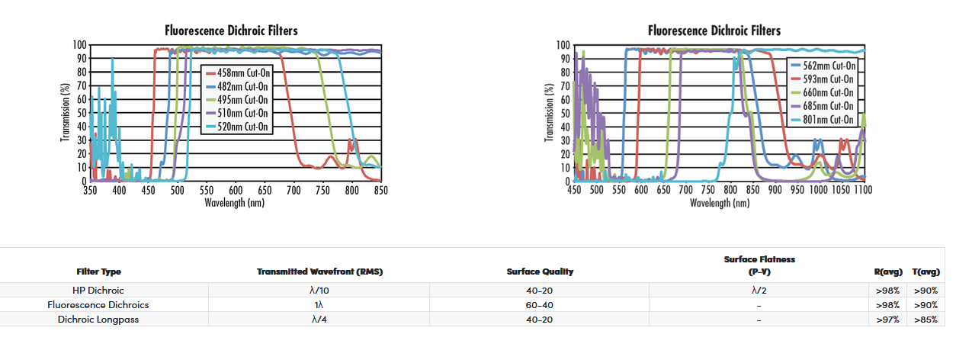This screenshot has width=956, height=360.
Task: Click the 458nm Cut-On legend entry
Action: click(x=242, y=72)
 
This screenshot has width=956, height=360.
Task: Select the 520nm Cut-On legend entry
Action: click(x=242, y=127)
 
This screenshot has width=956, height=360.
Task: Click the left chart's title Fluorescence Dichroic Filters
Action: click(x=231, y=31)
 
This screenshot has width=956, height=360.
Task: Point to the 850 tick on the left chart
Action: click(x=380, y=190)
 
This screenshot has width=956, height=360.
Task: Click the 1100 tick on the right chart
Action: click(x=863, y=190)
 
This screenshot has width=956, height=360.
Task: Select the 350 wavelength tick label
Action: click(x=90, y=190)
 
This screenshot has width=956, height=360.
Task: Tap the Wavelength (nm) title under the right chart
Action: click(x=719, y=203)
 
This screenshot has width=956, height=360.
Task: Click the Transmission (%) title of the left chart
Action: click(x=66, y=113)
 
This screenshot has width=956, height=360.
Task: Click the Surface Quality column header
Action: click(x=540, y=272)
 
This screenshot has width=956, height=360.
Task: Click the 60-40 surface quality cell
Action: click(x=540, y=305)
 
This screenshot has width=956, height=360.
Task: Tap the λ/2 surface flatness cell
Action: click(x=759, y=291)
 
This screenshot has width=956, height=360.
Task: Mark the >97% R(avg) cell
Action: click(x=888, y=320)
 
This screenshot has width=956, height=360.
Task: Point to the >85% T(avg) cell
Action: click(x=926, y=320)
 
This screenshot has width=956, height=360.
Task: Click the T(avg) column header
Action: click(x=926, y=272)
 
